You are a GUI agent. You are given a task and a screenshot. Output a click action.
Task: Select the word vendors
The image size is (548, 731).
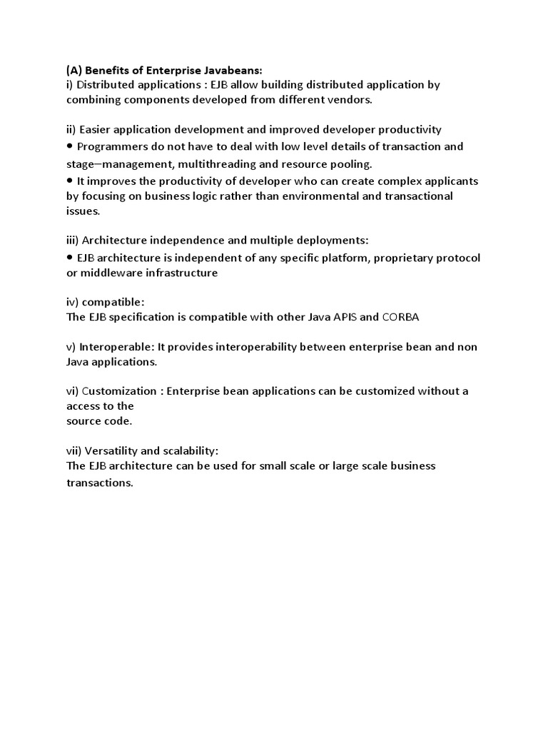pos(348,100)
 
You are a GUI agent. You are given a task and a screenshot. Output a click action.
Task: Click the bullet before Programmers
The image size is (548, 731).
pos(70,146)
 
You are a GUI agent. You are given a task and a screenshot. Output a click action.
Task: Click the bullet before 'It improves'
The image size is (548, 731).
pos(70,181)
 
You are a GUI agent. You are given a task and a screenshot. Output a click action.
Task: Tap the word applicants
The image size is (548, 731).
pos(451,181)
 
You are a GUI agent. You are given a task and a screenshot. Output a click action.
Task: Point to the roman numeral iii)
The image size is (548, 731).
pos(73,241)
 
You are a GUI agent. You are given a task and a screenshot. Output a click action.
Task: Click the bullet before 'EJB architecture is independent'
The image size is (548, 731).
pos(70,257)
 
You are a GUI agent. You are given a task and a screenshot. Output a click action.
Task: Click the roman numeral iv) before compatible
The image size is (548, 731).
pos(73,302)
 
